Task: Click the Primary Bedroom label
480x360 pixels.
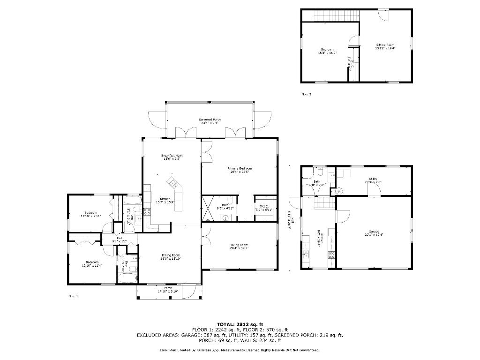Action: pyautogui.click(x=240, y=168)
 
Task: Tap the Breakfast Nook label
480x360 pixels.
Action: pyautogui.click(x=172, y=155)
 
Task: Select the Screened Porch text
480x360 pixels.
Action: pyautogui.click(x=210, y=120)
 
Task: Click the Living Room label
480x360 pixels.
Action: pyautogui.click(x=239, y=245)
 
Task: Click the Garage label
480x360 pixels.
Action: pyautogui.click(x=374, y=232)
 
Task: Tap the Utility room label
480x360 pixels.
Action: pyautogui.click(x=373, y=179)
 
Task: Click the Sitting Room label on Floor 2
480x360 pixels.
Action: pyautogui.click(x=385, y=45)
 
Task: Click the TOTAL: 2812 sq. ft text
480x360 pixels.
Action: pyautogui.click(x=240, y=324)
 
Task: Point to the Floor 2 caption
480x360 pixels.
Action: pyautogui.click(x=306, y=94)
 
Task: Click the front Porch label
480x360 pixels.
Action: pyautogui.click(x=168, y=288)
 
